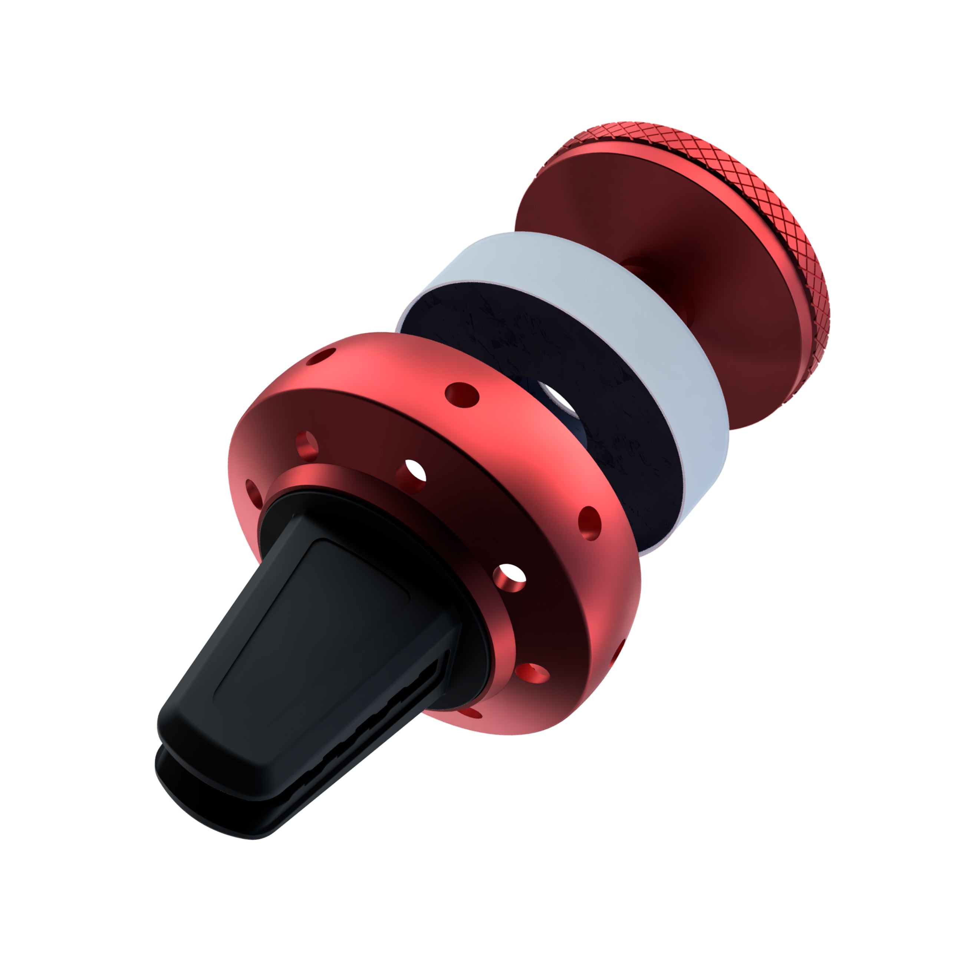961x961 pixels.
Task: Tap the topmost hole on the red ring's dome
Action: click(x=321, y=355)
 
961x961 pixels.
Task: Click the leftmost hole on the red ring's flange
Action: click(x=254, y=493)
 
